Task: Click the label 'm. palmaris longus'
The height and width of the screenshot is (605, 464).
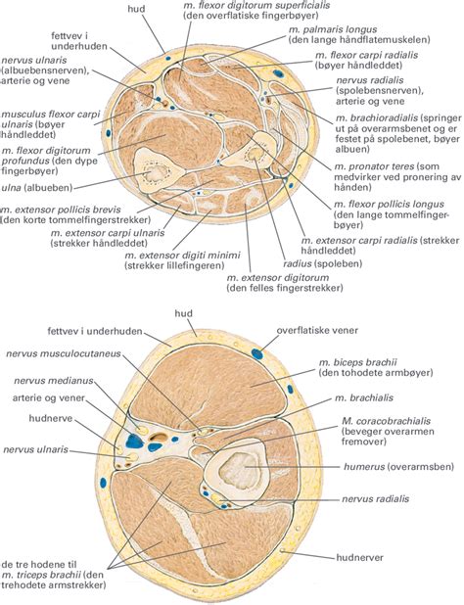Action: point(333,29)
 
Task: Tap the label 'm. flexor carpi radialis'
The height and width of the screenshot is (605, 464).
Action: point(366,55)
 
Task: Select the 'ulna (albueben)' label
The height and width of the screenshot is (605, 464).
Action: point(37,188)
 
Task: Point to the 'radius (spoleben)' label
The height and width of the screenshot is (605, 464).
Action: point(322,264)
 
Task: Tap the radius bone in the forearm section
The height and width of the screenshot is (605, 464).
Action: point(254,151)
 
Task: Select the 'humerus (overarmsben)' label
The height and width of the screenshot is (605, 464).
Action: point(398,467)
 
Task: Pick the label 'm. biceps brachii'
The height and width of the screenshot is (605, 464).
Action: point(358,362)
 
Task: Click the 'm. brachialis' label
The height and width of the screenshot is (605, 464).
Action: point(364,397)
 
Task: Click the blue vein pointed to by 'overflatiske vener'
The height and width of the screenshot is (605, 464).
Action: point(257,353)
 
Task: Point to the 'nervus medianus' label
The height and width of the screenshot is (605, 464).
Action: point(54,381)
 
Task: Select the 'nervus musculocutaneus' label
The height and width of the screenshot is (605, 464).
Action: point(64,353)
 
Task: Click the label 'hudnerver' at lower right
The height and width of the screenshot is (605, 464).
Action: point(360,557)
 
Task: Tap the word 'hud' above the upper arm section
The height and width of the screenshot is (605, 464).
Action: point(184,313)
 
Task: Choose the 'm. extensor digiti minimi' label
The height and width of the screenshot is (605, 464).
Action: point(182,256)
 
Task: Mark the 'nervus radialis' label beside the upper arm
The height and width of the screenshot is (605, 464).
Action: point(375,498)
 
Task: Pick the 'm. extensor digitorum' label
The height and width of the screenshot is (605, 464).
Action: point(278,278)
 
